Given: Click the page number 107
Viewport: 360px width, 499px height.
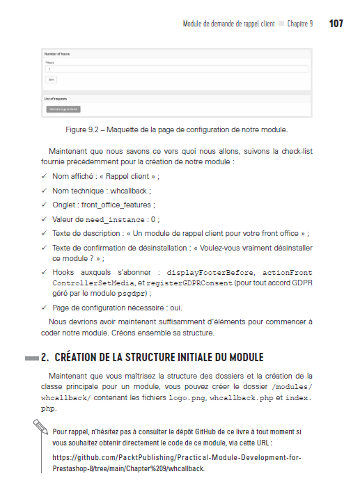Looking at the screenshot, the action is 336,24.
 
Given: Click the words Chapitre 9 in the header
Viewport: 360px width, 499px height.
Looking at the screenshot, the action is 300,24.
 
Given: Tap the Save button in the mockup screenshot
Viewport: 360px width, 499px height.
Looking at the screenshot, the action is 52,79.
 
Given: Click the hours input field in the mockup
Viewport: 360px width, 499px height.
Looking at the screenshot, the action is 176,69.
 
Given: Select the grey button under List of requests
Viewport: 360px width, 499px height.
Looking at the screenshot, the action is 63,109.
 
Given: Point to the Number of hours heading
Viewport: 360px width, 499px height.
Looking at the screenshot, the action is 58,54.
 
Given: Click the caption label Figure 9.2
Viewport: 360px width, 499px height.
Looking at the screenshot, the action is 83,130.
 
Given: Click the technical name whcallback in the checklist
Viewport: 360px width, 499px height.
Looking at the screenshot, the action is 130,190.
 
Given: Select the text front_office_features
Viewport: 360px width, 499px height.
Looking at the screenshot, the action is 118,205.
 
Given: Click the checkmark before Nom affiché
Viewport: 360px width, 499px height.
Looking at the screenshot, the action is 43,176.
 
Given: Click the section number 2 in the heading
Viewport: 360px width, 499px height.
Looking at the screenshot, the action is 44,358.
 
